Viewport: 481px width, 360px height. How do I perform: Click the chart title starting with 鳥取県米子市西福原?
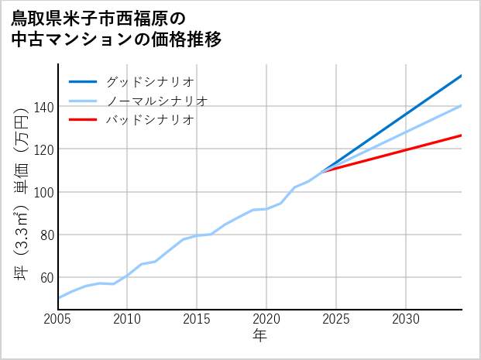point(116,29)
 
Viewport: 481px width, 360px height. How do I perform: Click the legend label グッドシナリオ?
point(149,81)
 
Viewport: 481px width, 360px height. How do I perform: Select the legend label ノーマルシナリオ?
point(156,101)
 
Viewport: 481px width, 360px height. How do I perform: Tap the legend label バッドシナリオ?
point(149,120)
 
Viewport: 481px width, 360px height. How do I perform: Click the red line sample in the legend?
point(83,120)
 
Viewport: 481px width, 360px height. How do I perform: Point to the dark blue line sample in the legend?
point(83,81)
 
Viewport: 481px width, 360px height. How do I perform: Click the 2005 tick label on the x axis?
point(57,319)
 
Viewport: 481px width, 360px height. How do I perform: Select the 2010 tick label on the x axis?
point(127,319)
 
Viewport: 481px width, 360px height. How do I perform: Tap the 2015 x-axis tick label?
point(197,319)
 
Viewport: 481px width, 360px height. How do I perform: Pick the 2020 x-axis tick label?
point(266,319)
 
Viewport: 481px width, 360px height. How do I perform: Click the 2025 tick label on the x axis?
point(336,319)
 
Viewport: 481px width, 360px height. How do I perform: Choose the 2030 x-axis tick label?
point(406,319)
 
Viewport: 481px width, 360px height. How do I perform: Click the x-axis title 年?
point(259,336)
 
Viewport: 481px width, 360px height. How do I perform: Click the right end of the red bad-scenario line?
point(461,135)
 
